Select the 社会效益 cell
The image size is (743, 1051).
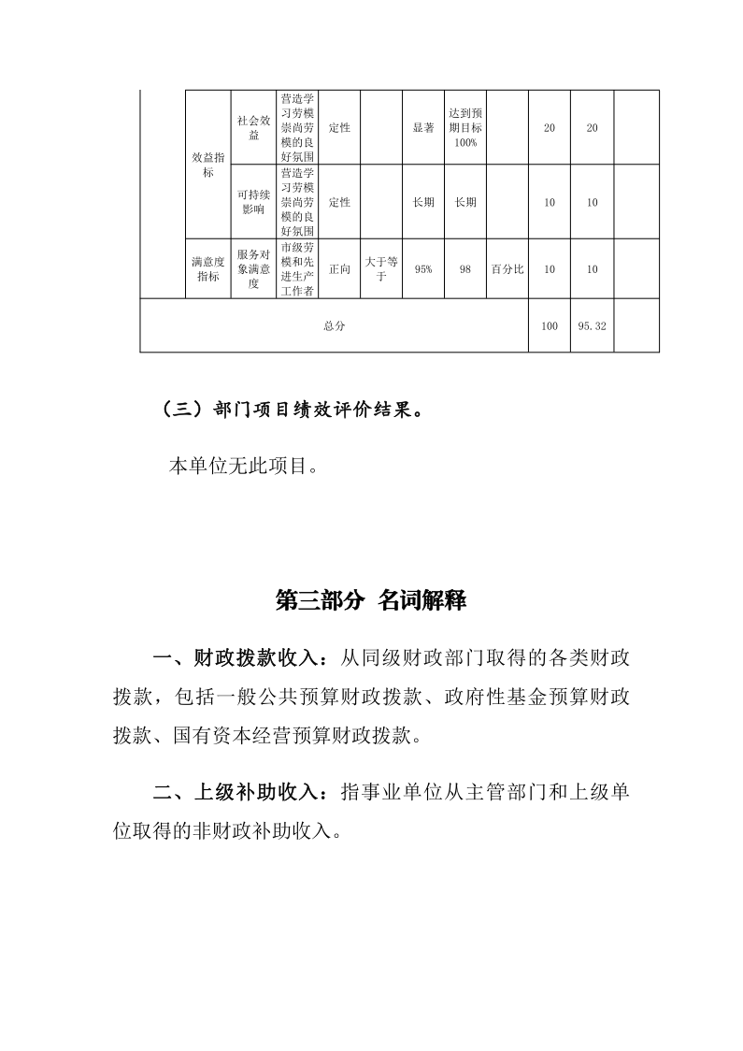[x=253, y=128]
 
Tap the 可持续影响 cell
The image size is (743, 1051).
[x=253, y=202]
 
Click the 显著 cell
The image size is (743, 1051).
[x=422, y=128]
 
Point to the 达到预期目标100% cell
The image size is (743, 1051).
[x=464, y=128]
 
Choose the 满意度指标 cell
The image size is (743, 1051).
[x=207, y=269]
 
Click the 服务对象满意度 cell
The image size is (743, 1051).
[x=253, y=269]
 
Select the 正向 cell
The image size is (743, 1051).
[x=339, y=269]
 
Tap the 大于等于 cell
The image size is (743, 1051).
[x=380, y=269]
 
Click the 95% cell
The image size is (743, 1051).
[x=422, y=269]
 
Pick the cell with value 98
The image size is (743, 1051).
[x=464, y=269]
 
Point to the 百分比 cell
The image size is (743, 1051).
[x=507, y=269]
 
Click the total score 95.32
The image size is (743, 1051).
[x=592, y=326]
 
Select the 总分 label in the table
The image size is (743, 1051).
[x=334, y=326]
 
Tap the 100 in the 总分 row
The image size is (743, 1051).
[x=550, y=326]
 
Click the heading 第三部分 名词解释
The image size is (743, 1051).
[x=371, y=601]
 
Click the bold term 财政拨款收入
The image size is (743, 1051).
[x=257, y=658]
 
